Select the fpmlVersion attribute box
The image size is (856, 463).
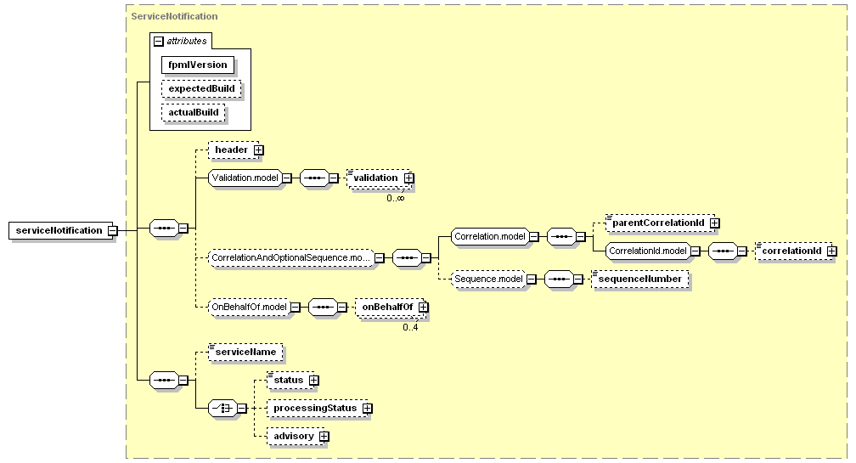[x=198, y=65]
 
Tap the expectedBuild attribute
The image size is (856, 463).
[x=201, y=88]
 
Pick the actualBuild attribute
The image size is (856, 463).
[x=194, y=112]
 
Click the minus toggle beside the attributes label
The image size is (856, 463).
[x=159, y=41]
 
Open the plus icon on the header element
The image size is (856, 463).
[x=259, y=150]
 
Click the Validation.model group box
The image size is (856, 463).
[x=245, y=178]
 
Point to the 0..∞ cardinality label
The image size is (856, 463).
[x=396, y=198]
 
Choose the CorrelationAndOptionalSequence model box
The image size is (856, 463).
[x=291, y=257]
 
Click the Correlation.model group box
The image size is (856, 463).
[x=490, y=236]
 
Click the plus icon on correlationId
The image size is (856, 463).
[x=832, y=251]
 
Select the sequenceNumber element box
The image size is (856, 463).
[x=639, y=279]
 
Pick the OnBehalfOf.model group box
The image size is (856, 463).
[x=250, y=307]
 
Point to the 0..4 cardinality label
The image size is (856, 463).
[x=410, y=328]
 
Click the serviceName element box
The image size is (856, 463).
[x=245, y=353]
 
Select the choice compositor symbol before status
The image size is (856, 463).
[x=222, y=408]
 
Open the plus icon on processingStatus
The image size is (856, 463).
[x=368, y=409]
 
